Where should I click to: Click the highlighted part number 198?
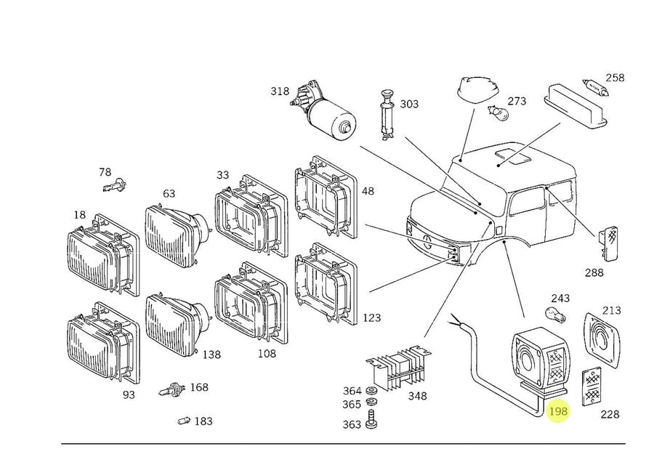[x=558, y=412]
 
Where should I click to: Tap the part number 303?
[x=409, y=104]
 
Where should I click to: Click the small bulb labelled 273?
[x=498, y=111]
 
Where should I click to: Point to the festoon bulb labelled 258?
[x=595, y=87]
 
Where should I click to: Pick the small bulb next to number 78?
[x=115, y=185]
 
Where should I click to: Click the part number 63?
[x=169, y=193]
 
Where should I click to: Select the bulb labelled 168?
[x=171, y=390]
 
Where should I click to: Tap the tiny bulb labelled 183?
[x=184, y=421]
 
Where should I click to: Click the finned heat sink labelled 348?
[x=399, y=365]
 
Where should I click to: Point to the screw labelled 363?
[x=371, y=419]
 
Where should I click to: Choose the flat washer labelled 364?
[x=370, y=391]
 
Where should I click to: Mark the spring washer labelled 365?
[x=371, y=402]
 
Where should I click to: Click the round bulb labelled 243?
[x=556, y=313]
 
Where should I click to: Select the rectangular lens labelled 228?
[x=591, y=386]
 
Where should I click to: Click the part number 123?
[x=371, y=317]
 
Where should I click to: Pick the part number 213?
[x=611, y=310]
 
